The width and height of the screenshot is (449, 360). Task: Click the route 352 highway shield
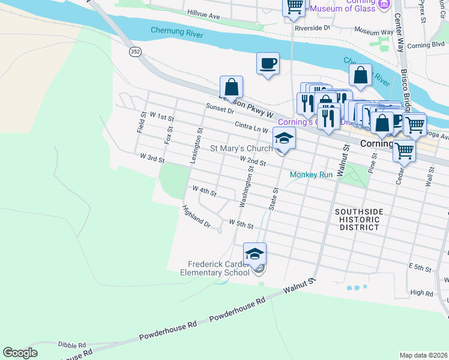click(135, 52)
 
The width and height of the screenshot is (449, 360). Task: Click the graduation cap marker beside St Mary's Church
click(284, 139)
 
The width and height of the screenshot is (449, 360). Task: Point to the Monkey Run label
click(311, 175)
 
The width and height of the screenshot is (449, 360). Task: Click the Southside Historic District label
click(357, 220)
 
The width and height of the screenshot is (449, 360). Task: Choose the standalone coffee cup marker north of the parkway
click(268, 64)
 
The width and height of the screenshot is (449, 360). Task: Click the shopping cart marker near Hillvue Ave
click(294, 7)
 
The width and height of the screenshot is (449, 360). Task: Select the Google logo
click(20, 353)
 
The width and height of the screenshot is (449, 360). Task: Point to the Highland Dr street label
click(197, 217)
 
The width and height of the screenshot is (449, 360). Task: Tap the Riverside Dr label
click(312, 28)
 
